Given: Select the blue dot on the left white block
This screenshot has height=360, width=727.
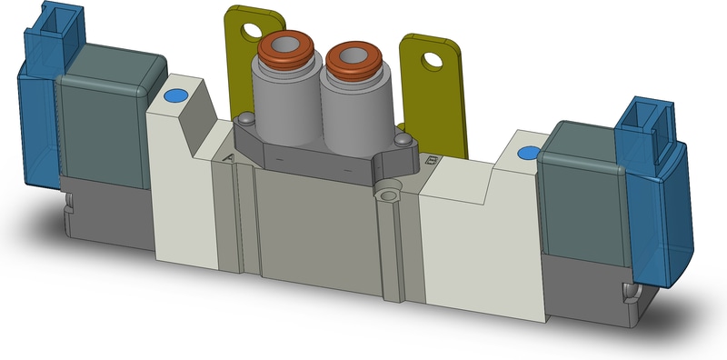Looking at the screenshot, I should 174,95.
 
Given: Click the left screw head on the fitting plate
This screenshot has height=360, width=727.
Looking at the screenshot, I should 245,118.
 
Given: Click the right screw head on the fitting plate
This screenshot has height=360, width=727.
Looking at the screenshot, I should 403,140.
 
